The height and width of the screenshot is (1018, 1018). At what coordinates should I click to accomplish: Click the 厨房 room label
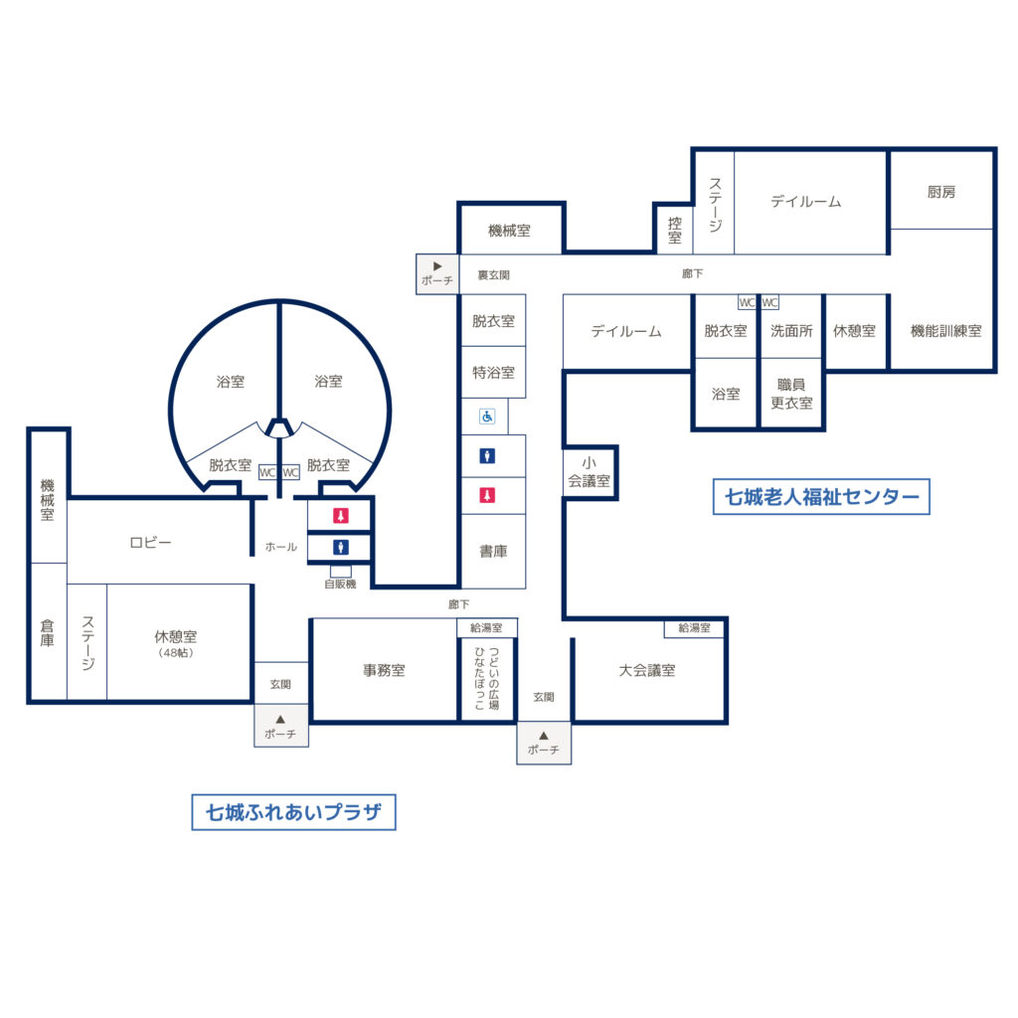pos(940,192)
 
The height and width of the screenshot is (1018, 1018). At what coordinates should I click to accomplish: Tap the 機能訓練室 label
pos(946,331)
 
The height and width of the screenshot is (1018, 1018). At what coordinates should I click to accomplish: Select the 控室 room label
pos(675,231)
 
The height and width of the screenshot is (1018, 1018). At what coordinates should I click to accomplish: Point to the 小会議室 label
pos(589,472)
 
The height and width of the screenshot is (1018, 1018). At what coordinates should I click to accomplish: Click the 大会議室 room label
pos(646,670)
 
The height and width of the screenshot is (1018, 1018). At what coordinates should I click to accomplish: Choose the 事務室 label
pos(384,670)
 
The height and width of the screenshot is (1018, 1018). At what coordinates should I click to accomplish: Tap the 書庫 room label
pos(493,551)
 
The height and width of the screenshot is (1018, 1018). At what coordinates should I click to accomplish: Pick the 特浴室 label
pos(493,373)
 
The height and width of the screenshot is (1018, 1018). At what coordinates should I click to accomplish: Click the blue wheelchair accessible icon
pos(487,417)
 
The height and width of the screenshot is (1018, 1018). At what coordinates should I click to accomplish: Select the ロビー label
pos(150,543)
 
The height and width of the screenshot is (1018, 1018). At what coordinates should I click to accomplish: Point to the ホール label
pos(280,548)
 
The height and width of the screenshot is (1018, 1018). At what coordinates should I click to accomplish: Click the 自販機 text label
pos(340,585)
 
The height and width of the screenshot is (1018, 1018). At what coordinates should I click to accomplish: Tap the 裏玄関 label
pos(493,275)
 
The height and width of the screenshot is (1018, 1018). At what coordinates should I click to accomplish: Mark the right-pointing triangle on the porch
pos(437,266)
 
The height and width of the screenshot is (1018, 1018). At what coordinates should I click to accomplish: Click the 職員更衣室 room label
pos(791,394)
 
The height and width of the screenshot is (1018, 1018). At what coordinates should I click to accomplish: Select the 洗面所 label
pos(791,331)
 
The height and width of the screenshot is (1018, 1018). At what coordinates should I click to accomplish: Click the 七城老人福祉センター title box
pos(821,497)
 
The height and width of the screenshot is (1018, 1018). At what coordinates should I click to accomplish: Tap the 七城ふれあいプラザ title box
pos(293,812)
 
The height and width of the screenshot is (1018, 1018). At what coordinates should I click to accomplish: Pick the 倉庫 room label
pos(48,633)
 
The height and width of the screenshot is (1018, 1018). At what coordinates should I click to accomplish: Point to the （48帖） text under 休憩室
pos(175,653)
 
